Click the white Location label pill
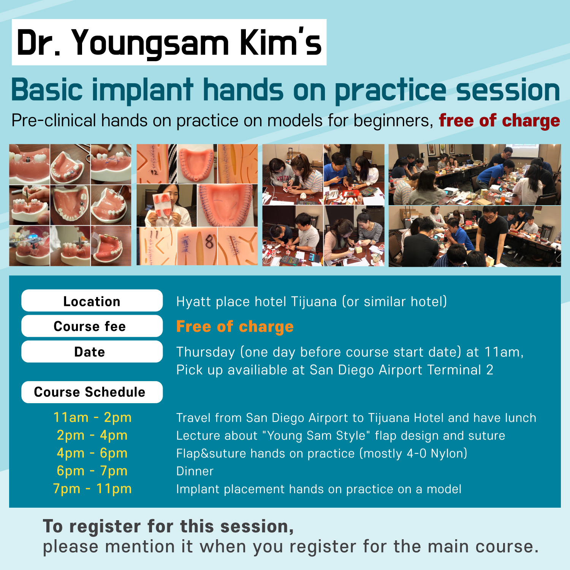(x=92, y=301)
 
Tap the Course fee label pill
(x=92, y=326)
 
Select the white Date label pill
(x=92, y=351)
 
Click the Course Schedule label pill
(x=92, y=392)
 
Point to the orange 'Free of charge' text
(x=235, y=326)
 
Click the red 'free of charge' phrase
(x=499, y=120)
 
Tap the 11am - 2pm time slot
(x=92, y=417)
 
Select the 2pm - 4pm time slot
(x=92, y=435)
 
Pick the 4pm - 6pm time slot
(x=92, y=453)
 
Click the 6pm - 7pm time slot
(x=92, y=471)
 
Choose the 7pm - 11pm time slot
(x=92, y=489)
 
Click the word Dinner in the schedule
(x=195, y=471)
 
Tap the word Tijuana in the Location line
(x=314, y=302)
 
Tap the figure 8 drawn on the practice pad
(x=209, y=242)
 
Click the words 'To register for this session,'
(x=168, y=527)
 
